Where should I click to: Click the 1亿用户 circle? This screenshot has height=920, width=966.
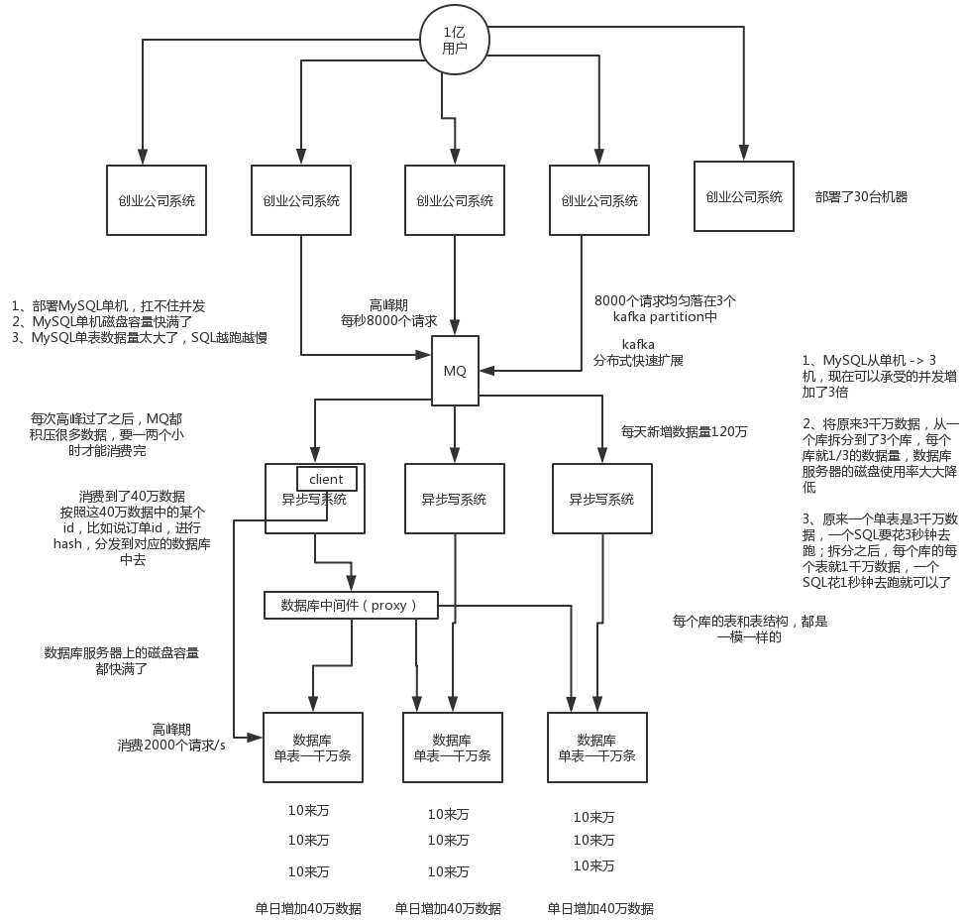click(455, 41)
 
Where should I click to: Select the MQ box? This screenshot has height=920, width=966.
click(455, 371)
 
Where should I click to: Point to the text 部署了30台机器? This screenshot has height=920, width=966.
click(861, 196)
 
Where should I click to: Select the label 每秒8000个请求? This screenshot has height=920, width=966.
click(389, 320)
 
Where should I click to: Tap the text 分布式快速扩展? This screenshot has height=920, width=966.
click(638, 361)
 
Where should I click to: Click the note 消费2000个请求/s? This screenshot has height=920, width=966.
click(171, 745)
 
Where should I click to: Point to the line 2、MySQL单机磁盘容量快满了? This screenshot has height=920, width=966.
click(102, 321)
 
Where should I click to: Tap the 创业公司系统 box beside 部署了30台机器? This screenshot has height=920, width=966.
click(743, 196)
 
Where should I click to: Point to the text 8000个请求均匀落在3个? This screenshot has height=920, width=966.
click(665, 300)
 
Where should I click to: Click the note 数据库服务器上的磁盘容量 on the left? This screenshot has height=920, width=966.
click(122, 652)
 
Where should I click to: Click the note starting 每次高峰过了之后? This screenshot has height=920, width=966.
click(106, 434)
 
